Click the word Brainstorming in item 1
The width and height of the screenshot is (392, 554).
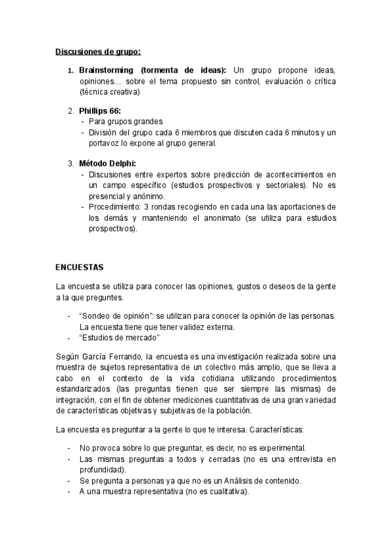(x=106, y=70)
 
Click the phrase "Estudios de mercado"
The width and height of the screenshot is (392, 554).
(x=120, y=337)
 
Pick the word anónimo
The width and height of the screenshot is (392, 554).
(x=150, y=196)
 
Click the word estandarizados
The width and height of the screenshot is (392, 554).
(x=88, y=389)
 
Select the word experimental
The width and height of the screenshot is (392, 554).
(x=282, y=449)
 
